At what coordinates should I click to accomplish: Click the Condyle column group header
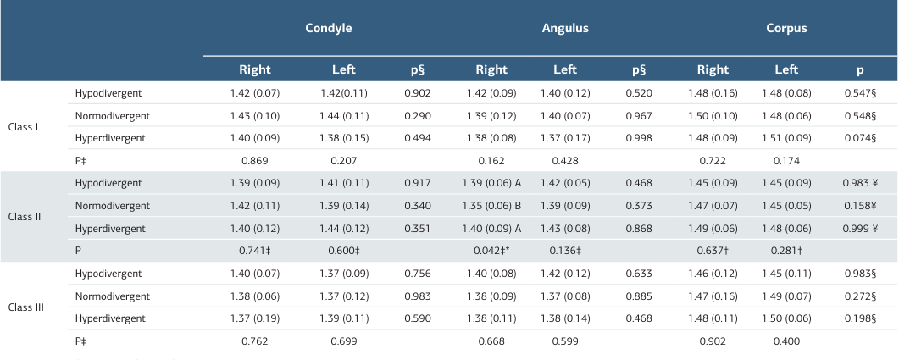[328, 28]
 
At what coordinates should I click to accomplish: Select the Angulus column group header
[565, 28]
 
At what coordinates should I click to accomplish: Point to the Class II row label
[25, 217]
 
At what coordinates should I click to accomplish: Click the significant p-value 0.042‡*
[491, 251]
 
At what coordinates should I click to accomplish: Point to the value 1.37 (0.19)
[255, 318]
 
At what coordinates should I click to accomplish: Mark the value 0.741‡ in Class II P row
[255, 251]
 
